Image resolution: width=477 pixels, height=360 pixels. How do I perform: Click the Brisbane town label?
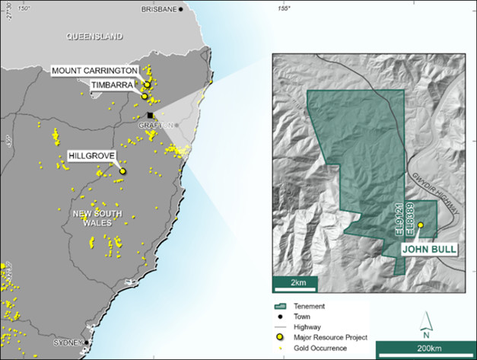tap(158, 9)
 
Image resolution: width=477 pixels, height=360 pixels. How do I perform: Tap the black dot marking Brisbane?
tap(181, 9)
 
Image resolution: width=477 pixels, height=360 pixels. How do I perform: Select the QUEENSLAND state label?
tap(94, 36)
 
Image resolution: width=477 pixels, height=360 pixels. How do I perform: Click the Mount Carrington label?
tap(95, 71)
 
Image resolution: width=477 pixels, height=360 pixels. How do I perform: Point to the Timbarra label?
tap(113, 84)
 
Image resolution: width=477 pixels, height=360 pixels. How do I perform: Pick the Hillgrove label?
tap(91, 155)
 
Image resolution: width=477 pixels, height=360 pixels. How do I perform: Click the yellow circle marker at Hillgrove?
tap(122, 171)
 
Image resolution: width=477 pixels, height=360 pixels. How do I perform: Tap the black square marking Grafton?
tap(151, 115)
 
